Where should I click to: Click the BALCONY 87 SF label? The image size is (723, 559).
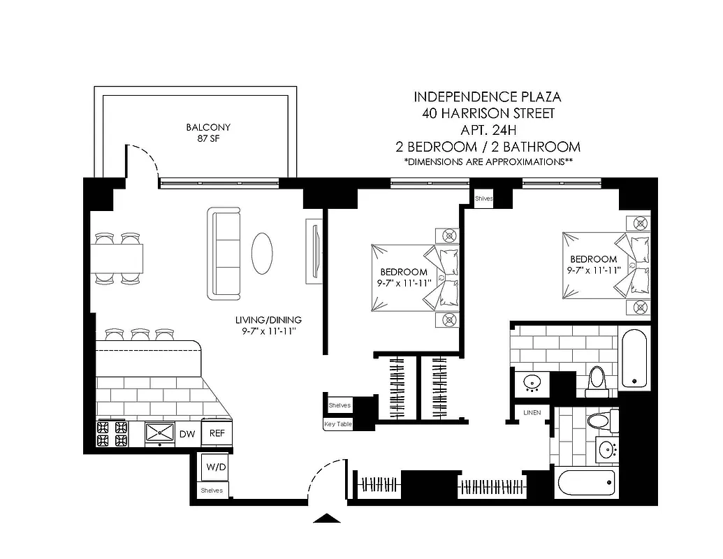(x=208, y=133)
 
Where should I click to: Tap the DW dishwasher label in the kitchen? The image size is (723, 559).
(x=187, y=434)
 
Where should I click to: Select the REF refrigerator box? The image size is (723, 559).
(x=217, y=433)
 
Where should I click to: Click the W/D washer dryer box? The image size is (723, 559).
(x=214, y=467)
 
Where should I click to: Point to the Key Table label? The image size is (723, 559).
(x=338, y=424)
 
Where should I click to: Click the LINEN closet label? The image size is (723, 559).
(x=532, y=413)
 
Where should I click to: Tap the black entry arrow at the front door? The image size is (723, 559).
(x=328, y=518)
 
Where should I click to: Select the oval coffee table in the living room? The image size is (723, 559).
(x=263, y=253)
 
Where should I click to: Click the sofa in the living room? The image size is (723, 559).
(x=224, y=253)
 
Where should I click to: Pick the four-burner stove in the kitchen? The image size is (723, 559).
(x=112, y=433)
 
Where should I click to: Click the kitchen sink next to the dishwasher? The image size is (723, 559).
(x=160, y=433)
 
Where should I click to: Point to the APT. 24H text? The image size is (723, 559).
(x=487, y=129)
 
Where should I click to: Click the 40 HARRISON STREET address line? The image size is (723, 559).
(x=487, y=113)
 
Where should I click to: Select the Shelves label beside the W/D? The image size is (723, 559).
(x=212, y=491)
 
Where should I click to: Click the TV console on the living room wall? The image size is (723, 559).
(x=313, y=252)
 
